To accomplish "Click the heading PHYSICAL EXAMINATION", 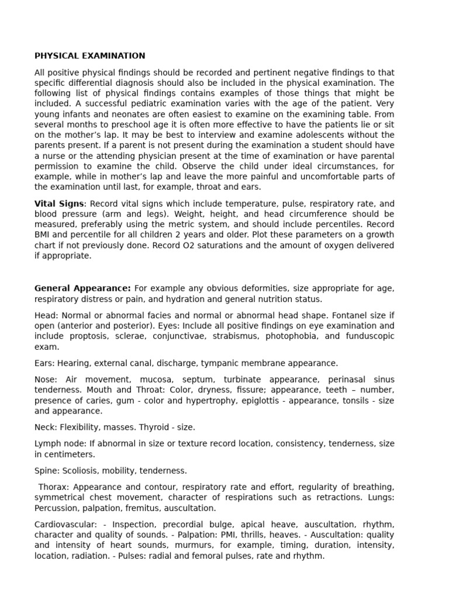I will tap(89, 56).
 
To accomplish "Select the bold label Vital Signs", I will tap(60, 204).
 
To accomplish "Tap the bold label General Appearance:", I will tap(82, 288).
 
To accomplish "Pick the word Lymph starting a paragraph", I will tap(47, 444).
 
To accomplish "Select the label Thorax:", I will tap(55, 487).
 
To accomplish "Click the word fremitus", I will tap(154, 508).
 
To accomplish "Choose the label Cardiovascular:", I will tap(64, 524).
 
